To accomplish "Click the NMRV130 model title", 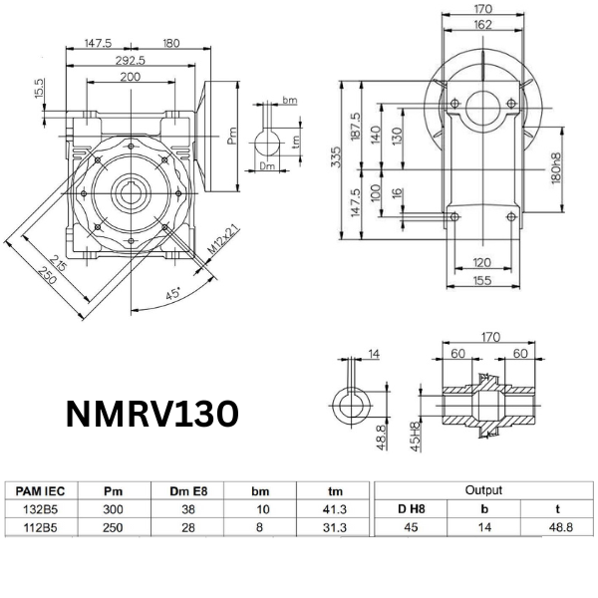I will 150,414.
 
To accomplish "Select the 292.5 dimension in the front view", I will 130,60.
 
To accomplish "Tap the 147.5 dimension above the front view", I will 97,43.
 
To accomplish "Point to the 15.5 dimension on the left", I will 39,90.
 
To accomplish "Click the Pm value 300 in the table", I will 113,507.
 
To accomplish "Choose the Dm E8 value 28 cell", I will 186,525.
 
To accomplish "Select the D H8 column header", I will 409,508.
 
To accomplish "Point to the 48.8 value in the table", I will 557,525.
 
